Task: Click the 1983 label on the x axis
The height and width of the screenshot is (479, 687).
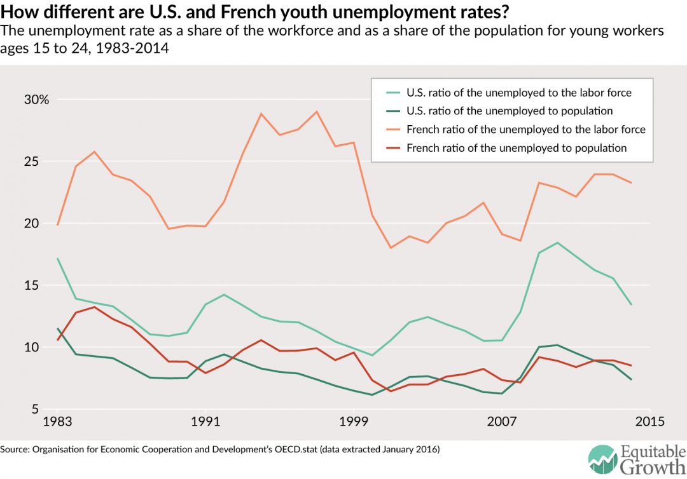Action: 59,422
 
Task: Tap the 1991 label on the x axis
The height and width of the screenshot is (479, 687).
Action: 206,422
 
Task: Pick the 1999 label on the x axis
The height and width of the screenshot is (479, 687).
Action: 354,422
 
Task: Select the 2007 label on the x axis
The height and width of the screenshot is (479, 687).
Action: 502,422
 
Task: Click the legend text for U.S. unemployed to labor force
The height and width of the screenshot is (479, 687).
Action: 519,93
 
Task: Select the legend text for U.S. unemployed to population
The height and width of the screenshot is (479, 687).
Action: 510,111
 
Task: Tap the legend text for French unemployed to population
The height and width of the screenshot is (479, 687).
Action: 517,148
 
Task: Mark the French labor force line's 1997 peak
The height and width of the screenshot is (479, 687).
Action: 317,112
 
